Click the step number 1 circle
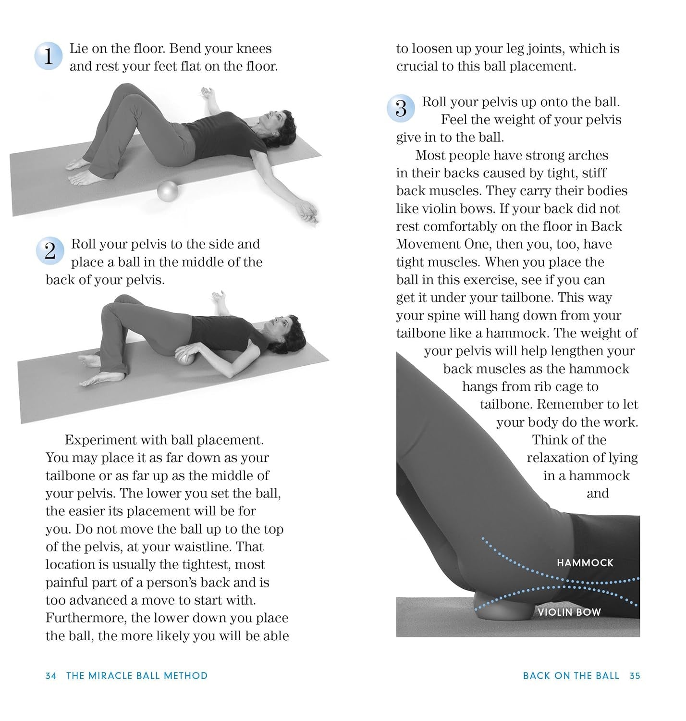(48, 57)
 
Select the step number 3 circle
(400, 109)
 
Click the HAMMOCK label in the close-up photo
(585, 562)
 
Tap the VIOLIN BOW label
(569, 612)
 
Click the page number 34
(50, 676)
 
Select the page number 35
(635, 676)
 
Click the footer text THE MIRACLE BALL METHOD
(137, 676)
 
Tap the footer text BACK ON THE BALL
(571, 676)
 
